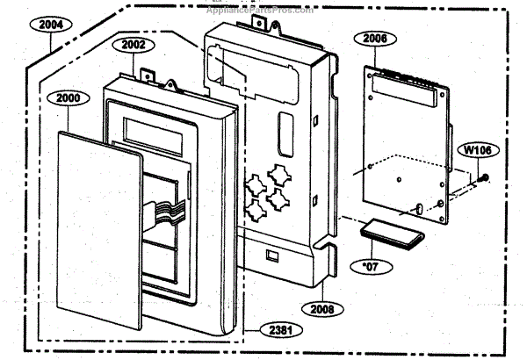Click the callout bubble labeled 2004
tap(51, 25)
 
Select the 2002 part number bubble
tap(134, 44)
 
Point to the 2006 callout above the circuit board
tap(375, 40)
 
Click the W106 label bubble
tap(478, 150)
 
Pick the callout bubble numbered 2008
tap(321, 308)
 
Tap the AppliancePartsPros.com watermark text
tap(263, 11)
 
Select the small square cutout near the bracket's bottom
tap(273, 257)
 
